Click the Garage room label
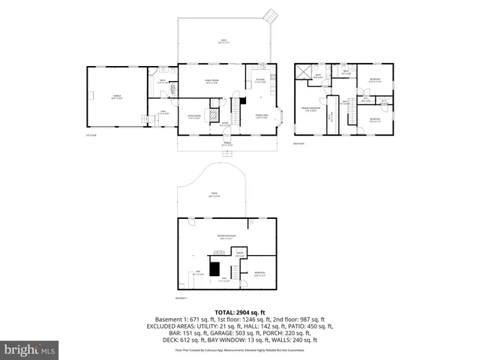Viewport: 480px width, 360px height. tap(117, 98)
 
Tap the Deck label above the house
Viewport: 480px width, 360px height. tap(223, 40)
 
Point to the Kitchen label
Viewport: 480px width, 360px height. tap(260, 80)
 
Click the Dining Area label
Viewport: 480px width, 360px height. tap(262, 117)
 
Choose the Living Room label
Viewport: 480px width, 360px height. tap(193, 117)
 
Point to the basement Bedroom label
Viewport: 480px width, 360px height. tap(259, 273)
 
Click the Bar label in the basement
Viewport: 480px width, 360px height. tap(198, 272)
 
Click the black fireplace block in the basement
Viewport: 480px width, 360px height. tap(215, 268)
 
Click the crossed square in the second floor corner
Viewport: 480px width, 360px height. tap(303, 71)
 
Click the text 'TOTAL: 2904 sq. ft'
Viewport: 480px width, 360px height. tap(239, 312)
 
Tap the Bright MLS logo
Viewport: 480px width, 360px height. tap(30, 349)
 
